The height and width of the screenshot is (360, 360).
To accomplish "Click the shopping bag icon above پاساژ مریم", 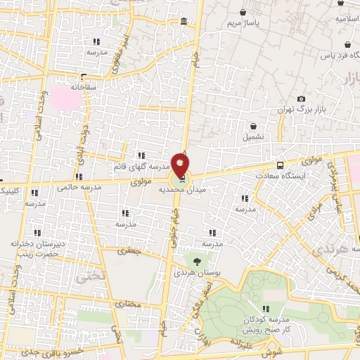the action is coord(243,12).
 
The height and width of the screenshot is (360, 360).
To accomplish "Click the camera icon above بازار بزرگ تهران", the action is coord(302,99).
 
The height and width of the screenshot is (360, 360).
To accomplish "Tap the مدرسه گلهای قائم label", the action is coord(141,167).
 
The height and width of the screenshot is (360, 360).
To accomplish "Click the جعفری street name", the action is coord(130,250).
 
